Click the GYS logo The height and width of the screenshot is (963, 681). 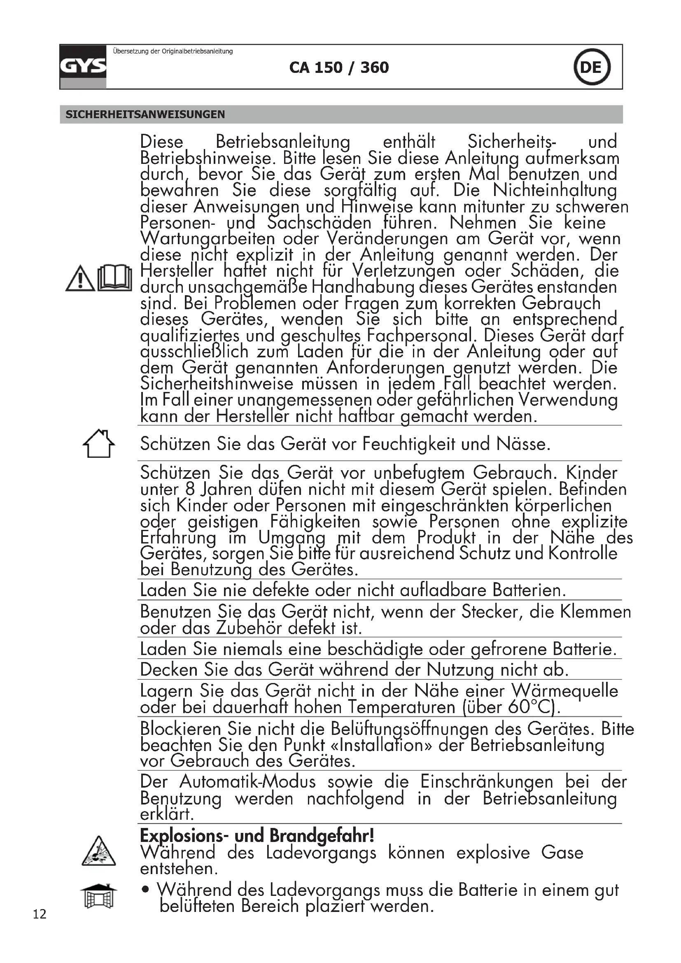pyautogui.click(x=83, y=66)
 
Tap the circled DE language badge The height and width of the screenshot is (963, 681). pyautogui.click(x=591, y=67)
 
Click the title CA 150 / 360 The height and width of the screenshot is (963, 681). pyautogui.click(x=339, y=68)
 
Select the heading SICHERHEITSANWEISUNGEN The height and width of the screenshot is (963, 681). pyautogui.click(x=145, y=114)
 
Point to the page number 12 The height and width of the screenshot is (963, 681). pyautogui.click(x=40, y=914)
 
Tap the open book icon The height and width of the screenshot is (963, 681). pyautogui.click(x=114, y=277)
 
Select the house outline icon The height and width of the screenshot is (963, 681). pyautogui.click(x=98, y=443)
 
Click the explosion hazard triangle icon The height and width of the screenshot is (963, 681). pyautogui.click(x=98, y=851)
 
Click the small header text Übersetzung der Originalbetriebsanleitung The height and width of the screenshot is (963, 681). pyautogui.click(x=173, y=51)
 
